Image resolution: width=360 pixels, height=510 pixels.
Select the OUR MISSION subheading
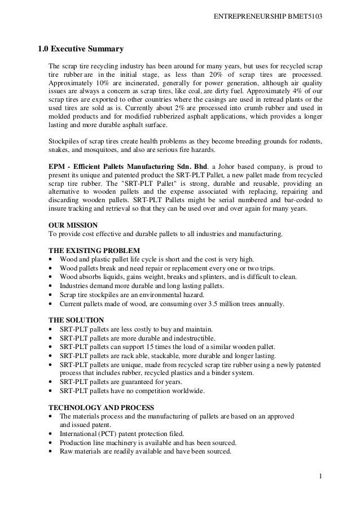coord(73,224)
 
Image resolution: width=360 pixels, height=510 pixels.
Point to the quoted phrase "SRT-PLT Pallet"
coord(142,184)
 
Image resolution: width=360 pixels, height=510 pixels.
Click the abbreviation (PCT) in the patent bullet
coord(104,433)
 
